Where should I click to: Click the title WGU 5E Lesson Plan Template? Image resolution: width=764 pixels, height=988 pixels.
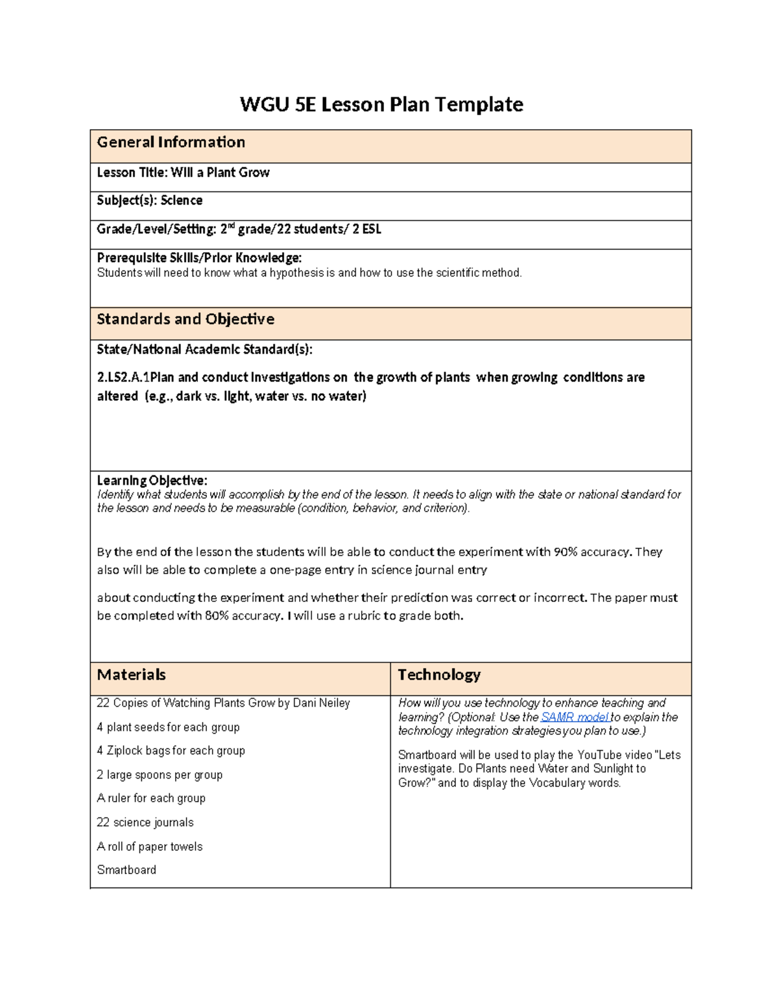click(x=381, y=104)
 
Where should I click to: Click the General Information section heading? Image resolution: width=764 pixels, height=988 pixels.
click(x=171, y=143)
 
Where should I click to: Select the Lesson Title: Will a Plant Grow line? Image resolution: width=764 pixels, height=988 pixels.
click(x=183, y=172)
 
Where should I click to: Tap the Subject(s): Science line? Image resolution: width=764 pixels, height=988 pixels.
click(x=150, y=200)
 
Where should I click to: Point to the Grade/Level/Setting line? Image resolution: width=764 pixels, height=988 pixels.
click(x=239, y=229)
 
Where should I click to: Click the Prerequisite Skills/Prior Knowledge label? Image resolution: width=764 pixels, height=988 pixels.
click(x=199, y=258)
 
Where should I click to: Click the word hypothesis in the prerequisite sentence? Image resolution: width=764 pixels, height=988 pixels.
click(x=296, y=273)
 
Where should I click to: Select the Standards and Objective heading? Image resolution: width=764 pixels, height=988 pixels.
click(x=185, y=319)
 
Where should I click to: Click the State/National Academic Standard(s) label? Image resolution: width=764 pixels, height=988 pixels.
click(x=204, y=349)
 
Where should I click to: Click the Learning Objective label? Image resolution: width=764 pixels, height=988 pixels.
click(x=152, y=480)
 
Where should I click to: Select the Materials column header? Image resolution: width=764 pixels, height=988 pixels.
click(x=131, y=675)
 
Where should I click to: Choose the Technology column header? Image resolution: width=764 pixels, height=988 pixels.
click(x=439, y=675)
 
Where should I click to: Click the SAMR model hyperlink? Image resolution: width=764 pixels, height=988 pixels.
click(x=574, y=717)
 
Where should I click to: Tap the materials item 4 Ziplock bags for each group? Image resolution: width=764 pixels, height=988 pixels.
click(x=171, y=751)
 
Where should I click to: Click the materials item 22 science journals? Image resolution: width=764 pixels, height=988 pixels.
click(x=145, y=823)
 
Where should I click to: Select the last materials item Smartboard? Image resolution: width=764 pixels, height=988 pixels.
click(x=126, y=870)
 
